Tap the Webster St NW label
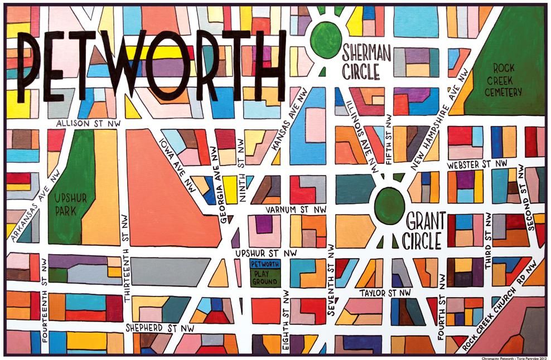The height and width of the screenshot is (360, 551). click(478, 164)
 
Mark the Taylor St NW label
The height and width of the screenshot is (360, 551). click(385, 292)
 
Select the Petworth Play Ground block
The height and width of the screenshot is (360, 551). click(264, 273)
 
